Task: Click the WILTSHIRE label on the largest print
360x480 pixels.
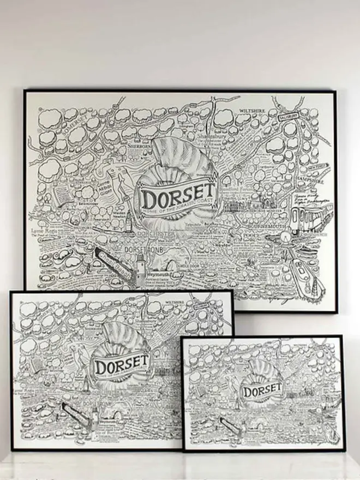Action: tap(252, 110)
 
